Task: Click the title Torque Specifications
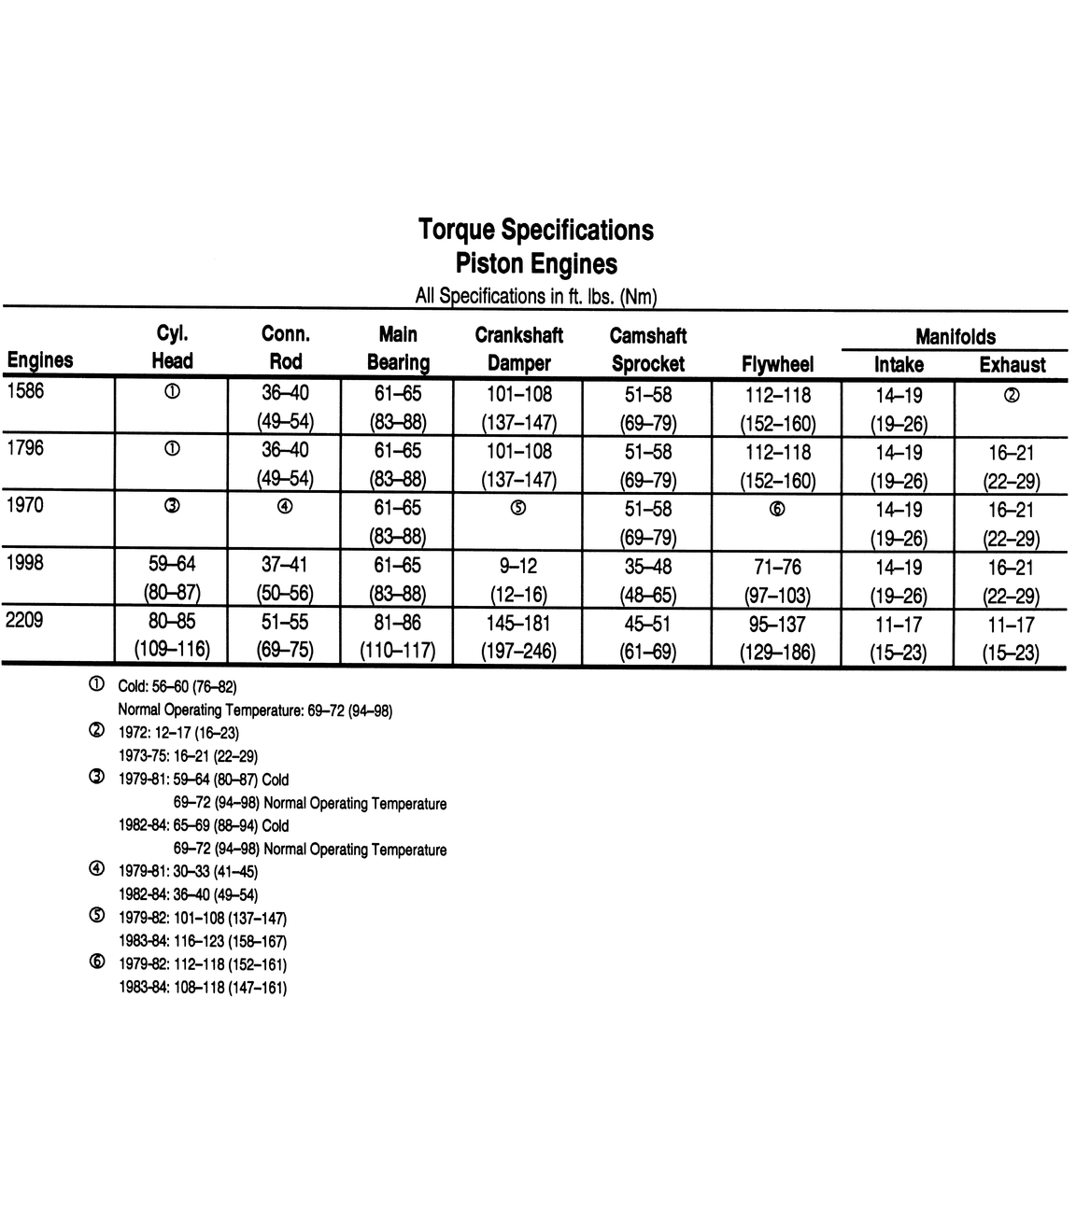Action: tap(535, 230)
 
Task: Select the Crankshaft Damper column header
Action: tap(518, 349)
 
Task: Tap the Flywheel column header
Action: tap(777, 364)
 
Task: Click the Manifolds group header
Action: tap(955, 337)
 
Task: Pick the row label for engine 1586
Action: tap(25, 391)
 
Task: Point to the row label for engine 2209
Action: tap(25, 620)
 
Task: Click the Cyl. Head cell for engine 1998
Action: tap(173, 579)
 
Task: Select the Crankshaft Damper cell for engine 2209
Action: tap(518, 637)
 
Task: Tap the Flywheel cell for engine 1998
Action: tap(777, 581)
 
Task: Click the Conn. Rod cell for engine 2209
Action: tap(285, 636)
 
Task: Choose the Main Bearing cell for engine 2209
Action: tap(398, 636)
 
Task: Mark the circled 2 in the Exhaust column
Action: tap(1011, 395)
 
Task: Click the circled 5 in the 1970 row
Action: tap(518, 508)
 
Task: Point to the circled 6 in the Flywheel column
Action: tap(777, 509)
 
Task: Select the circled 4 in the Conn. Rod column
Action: tap(285, 507)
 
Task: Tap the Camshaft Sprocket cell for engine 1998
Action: tap(648, 581)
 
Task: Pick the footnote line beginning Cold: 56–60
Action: tap(177, 687)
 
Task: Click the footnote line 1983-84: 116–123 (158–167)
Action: tap(203, 942)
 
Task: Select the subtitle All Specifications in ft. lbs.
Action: tap(536, 297)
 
